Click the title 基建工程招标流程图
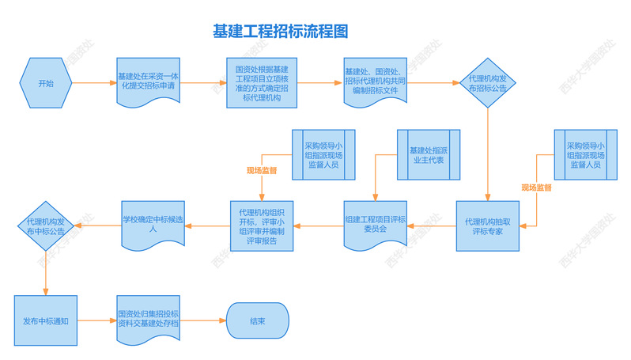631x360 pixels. click(x=281, y=32)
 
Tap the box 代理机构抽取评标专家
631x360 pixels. click(x=488, y=226)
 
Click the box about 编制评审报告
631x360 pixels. click(x=262, y=226)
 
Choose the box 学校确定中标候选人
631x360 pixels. click(x=153, y=225)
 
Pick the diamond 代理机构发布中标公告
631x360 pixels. click(x=46, y=226)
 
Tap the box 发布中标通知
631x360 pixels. click(x=45, y=321)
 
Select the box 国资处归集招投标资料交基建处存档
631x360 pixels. click(x=147, y=321)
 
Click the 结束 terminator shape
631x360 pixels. click(x=257, y=321)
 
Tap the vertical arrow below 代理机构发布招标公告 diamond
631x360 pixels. click(x=488, y=154)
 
